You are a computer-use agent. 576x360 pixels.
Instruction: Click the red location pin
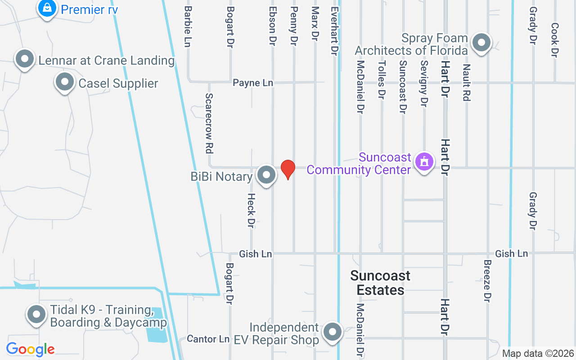click(x=288, y=169)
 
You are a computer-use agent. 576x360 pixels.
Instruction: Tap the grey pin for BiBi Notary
click(x=266, y=175)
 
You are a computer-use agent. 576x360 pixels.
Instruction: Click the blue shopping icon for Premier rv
click(x=46, y=8)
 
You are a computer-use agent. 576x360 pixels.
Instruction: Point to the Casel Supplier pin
click(x=64, y=82)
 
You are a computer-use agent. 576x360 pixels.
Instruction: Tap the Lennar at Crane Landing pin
click(x=25, y=59)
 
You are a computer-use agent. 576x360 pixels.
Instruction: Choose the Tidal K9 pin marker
click(x=36, y=315)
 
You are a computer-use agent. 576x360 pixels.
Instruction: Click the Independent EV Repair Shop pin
click(x=333, y=332)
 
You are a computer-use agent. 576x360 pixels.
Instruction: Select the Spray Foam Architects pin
click(x=481, y=43)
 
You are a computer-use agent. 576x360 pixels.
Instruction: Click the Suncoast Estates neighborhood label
click(x=380, y=283)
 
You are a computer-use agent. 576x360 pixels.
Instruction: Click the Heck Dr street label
click(x=252, y=210)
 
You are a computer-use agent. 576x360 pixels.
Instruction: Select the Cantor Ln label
click(x=208, y=339)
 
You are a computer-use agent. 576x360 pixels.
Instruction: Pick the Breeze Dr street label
click(x=487, y=281)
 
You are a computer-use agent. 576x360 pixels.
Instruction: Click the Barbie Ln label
click(x=188, y=27)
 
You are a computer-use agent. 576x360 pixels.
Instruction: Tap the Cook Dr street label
click(x=554, y=40)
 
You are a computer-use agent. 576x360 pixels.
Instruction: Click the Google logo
click(x=30, y=349)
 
